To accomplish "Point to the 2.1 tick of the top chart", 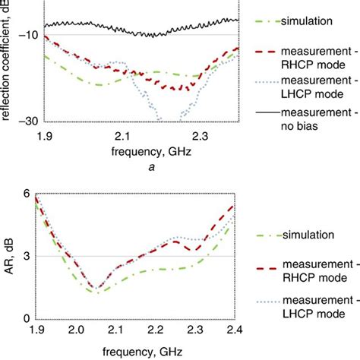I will click(123, 134).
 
